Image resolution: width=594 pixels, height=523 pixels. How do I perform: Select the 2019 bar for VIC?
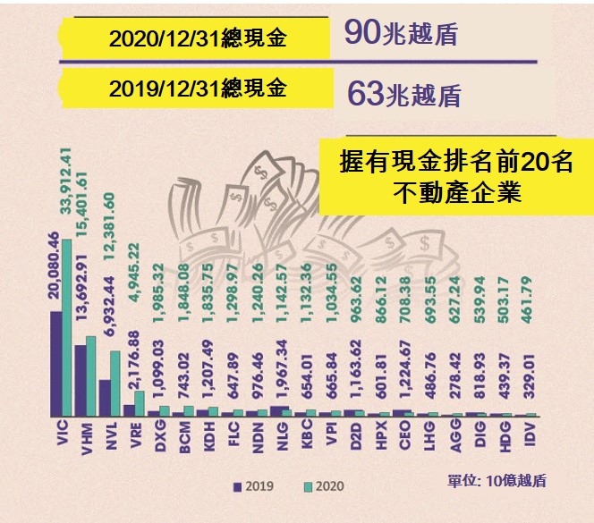tap(56, 364)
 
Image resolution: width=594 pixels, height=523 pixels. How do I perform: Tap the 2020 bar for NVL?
tap(115, 384)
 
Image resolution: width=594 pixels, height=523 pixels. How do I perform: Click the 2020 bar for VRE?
tap(140, 403)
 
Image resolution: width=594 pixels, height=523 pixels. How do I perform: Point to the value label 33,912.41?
tap(65, 188)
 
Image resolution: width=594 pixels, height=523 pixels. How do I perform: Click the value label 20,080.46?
tap(54, 265)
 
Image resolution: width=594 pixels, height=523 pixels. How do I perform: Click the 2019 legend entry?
tap(254, 486)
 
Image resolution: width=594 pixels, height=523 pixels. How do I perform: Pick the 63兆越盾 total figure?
tap(402, 92)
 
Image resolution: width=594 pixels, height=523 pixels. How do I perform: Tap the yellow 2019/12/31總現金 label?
tap(198, 89)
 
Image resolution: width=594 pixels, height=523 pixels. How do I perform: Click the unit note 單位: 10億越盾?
tap(497, 481)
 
